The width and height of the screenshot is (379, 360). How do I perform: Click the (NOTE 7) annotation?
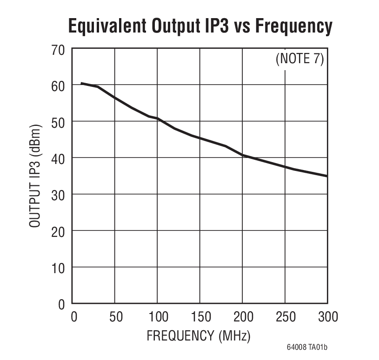click(x=299, y=59)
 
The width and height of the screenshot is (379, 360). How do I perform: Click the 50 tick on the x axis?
click(x=115, y=318)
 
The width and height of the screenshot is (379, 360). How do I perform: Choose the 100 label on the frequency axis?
click(x=157, y=318)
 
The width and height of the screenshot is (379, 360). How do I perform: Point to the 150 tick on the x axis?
click(x=200, y=318)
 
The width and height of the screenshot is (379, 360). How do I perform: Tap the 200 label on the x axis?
click(x=242, y=318)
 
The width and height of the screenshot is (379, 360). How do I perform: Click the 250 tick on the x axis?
click(x=285, y=318)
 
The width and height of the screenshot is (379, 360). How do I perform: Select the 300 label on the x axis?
click(x=327, y=318)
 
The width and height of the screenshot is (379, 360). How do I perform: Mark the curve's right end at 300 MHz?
click(x=327, y=176)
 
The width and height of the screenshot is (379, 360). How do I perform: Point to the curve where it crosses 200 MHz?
click(x=242, y=155)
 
